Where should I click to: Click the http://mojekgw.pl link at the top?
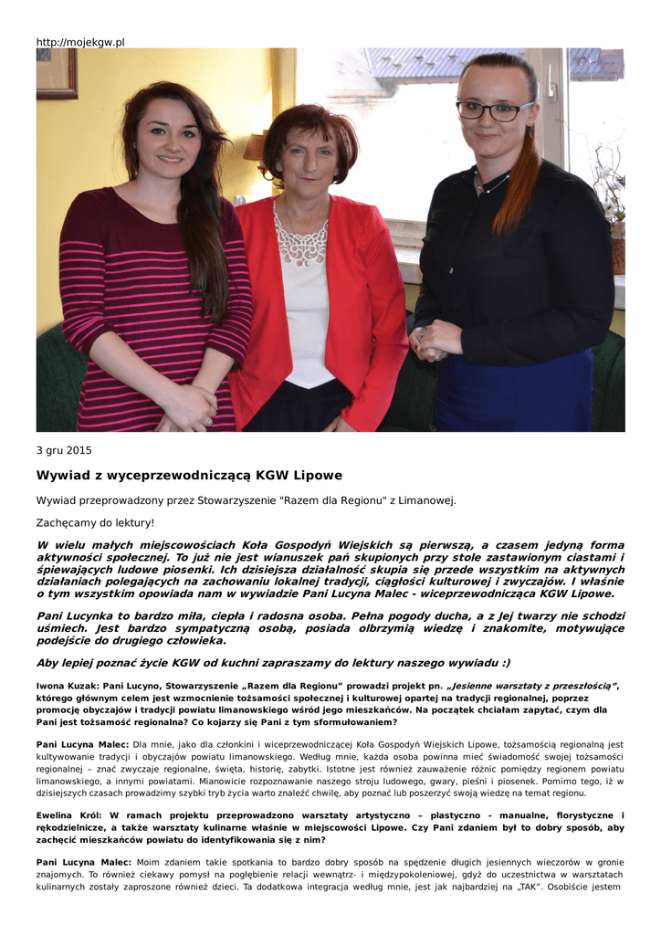80,42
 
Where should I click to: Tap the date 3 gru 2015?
64,450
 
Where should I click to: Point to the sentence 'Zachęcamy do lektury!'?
96,523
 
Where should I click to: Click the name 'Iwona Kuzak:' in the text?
67,685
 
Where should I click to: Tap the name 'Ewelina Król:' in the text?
69,815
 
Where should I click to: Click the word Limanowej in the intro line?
424,500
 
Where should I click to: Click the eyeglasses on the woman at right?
493,110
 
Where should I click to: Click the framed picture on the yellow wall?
57,73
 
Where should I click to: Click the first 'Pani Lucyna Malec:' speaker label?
82,745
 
